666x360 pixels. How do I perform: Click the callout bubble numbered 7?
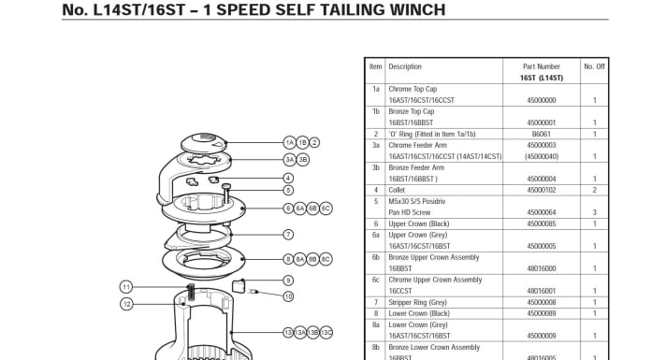coord(289,235)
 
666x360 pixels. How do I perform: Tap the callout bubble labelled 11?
coord(126,286)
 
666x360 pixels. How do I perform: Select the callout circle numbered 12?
coord(126,304)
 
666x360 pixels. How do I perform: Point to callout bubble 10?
coord(289,296)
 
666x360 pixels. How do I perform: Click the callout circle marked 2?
coord(314,142)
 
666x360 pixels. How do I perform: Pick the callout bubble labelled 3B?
coord(302,160)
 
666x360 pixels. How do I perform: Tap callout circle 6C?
coord(326,208)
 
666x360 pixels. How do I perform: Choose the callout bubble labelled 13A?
coord(301,332)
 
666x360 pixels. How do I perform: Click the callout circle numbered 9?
coord(289,281)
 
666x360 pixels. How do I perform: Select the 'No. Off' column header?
coord(594,66)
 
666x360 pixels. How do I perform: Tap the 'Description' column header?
coord(405,66)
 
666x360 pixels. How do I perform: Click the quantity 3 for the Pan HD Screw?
coord(594,212)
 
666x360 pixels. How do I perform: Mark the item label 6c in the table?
coord(375,280)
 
